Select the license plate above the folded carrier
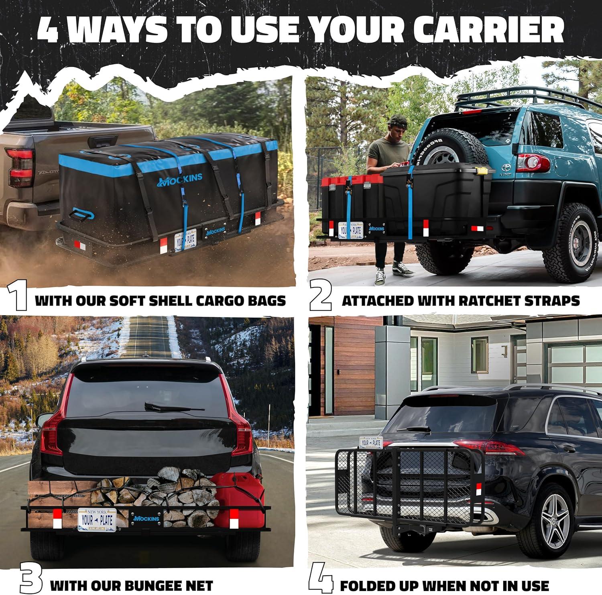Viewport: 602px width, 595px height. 370,442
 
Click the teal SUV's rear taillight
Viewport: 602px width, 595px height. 533,163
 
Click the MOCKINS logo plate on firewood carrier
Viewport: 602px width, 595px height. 146,518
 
